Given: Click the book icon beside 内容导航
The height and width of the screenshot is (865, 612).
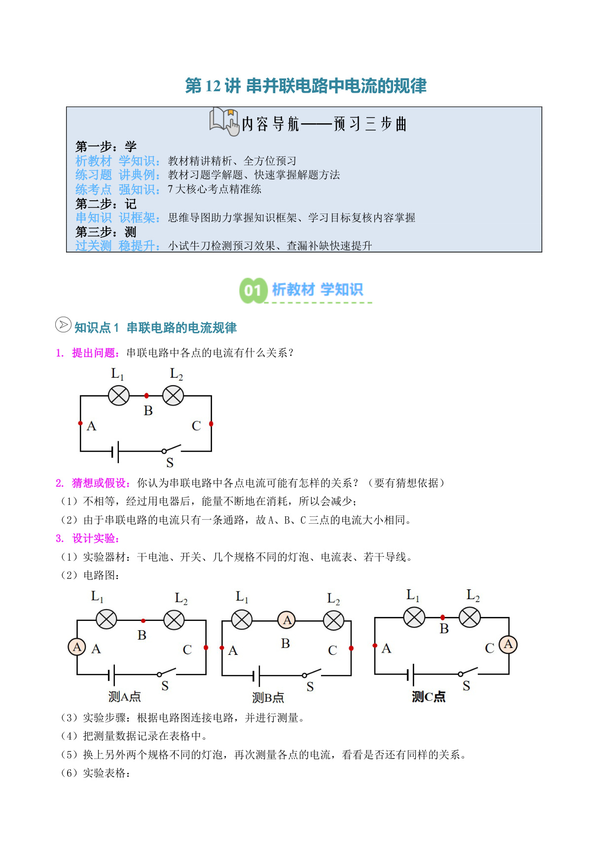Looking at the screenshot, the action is pos(224,121).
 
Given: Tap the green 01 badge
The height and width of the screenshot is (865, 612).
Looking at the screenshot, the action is pos(253,290).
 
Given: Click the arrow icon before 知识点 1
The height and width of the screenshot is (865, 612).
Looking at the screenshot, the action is pos(63,324).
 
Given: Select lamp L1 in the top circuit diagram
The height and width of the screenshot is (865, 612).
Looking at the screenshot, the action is pos(119,396).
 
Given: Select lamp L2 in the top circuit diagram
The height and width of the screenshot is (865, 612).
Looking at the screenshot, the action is pos(173,396).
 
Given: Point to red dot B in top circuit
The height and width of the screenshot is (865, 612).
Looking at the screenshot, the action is pos(146,396).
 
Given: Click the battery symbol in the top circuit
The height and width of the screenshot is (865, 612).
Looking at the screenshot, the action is pos(115,451).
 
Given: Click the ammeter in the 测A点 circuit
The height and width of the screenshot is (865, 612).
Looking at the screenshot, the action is pos(77,647).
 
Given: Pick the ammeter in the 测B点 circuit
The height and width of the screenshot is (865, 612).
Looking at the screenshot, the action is pos(288,620).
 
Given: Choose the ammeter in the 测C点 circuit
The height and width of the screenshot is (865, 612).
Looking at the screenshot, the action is pos(508,644).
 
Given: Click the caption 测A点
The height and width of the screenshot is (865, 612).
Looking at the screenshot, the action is pos(125,696).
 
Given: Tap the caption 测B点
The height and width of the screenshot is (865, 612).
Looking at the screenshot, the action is pos(268,697).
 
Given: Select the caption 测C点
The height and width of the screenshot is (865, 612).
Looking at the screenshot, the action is pos(429,696).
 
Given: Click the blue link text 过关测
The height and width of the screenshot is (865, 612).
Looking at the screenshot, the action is pos(94,246).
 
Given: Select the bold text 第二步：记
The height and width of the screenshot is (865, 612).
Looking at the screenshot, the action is pos(106,204).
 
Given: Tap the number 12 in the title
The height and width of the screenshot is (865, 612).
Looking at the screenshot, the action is pos(213,86).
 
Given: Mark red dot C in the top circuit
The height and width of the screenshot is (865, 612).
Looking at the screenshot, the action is pos(211,424).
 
